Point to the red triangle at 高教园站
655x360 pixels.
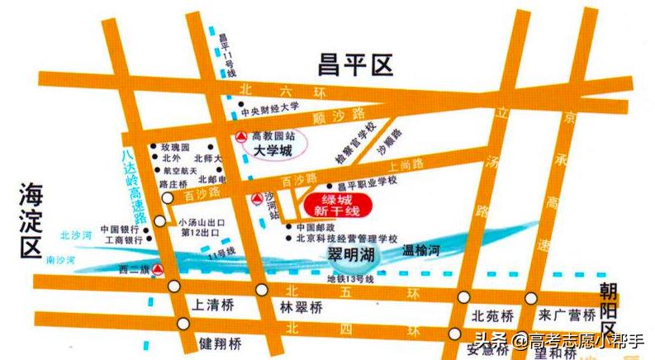point(240,136)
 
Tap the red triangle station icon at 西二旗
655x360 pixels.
point(158,270)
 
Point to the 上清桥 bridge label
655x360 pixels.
point(212,306)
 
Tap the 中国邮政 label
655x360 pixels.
point(314,226)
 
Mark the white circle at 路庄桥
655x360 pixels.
point(169,198)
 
